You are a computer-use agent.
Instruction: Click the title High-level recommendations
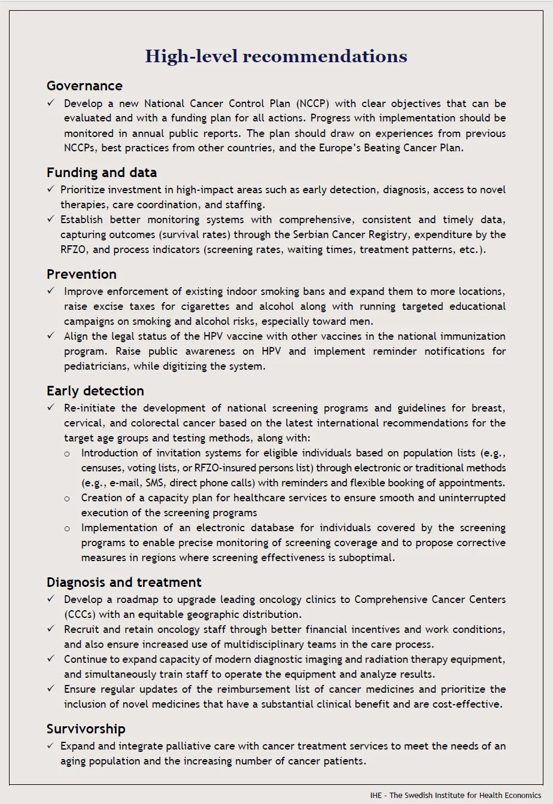tap(276, 56)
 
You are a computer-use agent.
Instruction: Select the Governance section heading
tap(84, 86)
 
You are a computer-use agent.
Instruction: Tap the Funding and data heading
tap(102, 173)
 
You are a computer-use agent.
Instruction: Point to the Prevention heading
tap(81, 275)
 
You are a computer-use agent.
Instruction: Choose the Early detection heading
tap(95, 391)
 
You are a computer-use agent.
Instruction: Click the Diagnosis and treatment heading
tap(124, 583)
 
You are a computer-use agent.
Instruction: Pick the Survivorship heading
tap(86, 729)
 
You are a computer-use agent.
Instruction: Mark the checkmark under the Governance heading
tap(51, 103)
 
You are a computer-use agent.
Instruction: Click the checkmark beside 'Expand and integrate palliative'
tap(51, 747)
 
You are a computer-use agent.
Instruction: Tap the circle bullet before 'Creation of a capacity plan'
tap(67, 498)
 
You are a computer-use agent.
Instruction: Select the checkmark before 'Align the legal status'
tap(51, 336)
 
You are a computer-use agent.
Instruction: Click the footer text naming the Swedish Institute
tap(455, 796)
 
